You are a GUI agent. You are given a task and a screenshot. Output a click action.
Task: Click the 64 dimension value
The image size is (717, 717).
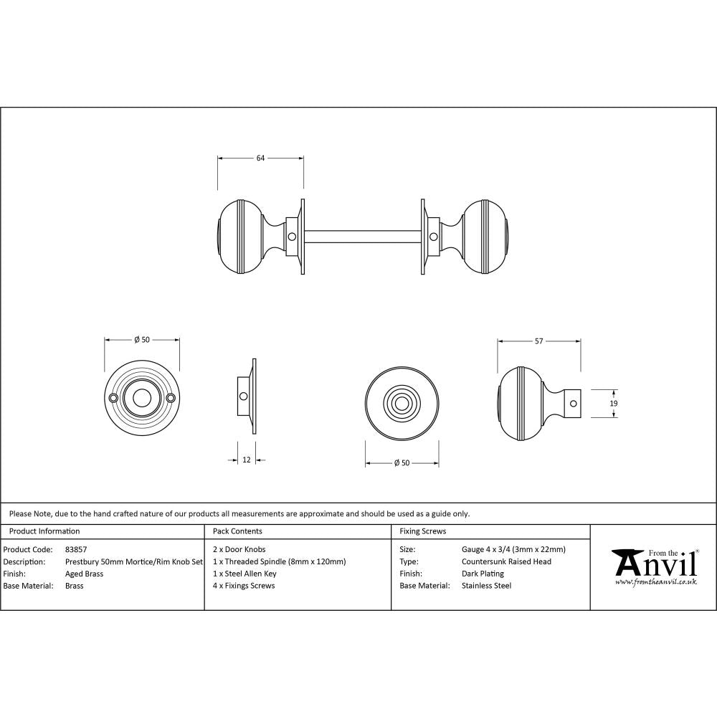tap(260, 158)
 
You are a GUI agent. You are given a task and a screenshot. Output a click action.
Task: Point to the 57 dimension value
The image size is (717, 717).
tap(538, 341)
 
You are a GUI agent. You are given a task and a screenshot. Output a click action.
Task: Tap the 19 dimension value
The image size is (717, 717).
tap(614, 404)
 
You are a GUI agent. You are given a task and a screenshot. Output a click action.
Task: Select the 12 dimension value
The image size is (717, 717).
tap(247, 460)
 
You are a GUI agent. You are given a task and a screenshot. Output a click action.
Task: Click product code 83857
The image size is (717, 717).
tap(76, 550)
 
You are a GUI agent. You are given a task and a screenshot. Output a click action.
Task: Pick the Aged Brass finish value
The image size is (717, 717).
tap(85, 574)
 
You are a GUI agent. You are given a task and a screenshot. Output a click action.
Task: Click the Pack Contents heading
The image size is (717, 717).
tap(237, 531)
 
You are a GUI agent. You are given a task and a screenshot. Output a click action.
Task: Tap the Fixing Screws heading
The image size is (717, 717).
tap(422, 531)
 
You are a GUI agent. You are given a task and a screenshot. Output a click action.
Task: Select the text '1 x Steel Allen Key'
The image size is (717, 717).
tap(244, 574)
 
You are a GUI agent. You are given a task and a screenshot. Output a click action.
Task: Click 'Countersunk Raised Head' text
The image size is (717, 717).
tap(506, 561)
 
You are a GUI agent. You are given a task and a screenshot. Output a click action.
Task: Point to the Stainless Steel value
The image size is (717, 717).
tap(487, 586)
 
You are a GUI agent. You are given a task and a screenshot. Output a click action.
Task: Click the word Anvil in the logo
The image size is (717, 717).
tap(654, 564)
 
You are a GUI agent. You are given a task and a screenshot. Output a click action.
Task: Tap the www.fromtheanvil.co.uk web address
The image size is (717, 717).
tap(655, 582)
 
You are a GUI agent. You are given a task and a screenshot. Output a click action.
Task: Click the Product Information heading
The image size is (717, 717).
tap(44, 531)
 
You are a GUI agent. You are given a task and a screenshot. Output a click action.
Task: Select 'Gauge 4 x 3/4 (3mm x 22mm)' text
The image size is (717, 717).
tap(513, 550)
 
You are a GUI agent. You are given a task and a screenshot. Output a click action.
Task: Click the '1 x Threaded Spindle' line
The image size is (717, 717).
tap(279, 561)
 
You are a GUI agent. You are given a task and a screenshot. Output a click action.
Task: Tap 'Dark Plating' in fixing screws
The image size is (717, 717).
tap(483, 574)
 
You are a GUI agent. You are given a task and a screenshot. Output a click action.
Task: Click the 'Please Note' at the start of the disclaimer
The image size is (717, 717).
tap(29, 513)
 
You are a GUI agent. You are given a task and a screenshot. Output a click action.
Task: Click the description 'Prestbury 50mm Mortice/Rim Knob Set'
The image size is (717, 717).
tap(134, 561)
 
